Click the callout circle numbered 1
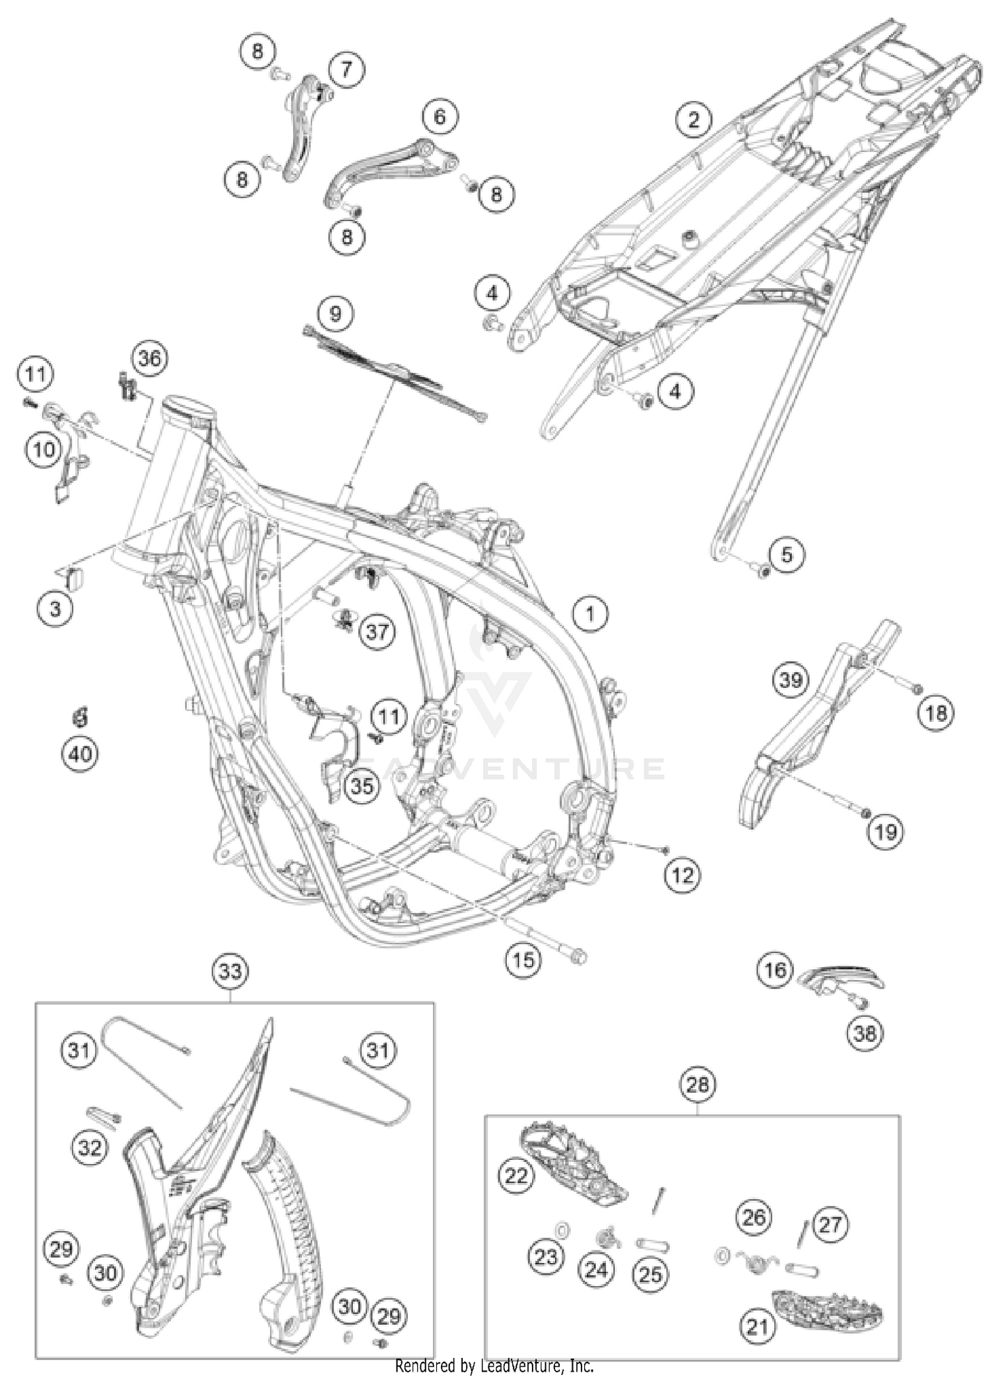tap(589, 614)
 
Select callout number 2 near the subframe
tap(693, 120)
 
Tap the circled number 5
tap(786, 554)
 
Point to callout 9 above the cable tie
tap(335, 313)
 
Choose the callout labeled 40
tap(81, 753)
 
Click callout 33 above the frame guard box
tap(230, 971)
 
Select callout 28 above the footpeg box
tap(698, 1084)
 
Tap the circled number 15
tap(523, 959)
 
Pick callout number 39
tap(791, 680)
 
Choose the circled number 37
tap(377, 632)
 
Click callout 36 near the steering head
tap(149, 358)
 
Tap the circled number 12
tap(682, 876)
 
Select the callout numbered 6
tap(440, 117)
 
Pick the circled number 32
tap(90, 1147)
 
